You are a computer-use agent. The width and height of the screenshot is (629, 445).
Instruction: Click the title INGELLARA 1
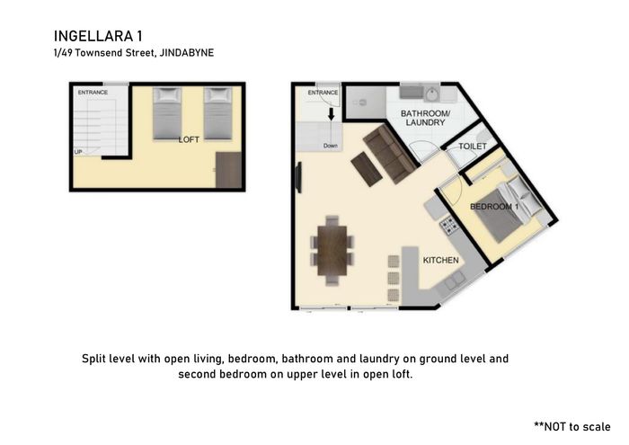coord(98,36)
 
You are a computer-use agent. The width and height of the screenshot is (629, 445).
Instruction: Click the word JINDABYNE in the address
coord(187,52)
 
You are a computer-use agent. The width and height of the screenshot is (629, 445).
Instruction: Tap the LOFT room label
coord(189,139)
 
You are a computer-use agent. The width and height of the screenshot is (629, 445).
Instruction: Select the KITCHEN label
coord(441,260)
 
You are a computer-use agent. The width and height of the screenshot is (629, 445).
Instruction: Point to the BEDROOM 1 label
coord(494,207)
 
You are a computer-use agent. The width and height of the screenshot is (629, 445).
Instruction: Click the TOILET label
coord(473,147)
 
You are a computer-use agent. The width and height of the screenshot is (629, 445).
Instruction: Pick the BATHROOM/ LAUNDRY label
coord(425,118)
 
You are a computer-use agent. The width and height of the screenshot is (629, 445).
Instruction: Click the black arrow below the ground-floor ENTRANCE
coord(331,114)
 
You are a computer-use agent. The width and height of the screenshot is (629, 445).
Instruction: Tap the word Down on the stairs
coord(331,146)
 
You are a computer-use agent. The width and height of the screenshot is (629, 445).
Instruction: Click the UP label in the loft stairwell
coord(78,152)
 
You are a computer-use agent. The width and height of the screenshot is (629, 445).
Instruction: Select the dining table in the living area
coord(332,251)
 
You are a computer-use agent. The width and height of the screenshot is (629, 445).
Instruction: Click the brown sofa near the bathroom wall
coord(389,154)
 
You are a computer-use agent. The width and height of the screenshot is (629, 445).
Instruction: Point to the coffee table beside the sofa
coord(367,169)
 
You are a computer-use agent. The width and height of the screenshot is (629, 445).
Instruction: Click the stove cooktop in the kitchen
coord(449,226)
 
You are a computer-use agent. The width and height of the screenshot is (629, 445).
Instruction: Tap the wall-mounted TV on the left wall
coord(298,177)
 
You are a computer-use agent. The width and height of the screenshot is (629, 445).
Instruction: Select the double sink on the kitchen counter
coord(454,280)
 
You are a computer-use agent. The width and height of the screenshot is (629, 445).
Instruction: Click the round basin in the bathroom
coord(431,94)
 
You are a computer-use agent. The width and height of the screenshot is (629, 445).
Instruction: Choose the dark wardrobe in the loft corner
coord(228,170)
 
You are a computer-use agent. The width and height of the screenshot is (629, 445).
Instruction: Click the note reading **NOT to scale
coord(572,426)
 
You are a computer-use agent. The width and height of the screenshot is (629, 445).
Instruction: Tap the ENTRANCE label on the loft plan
coord(93,93)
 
